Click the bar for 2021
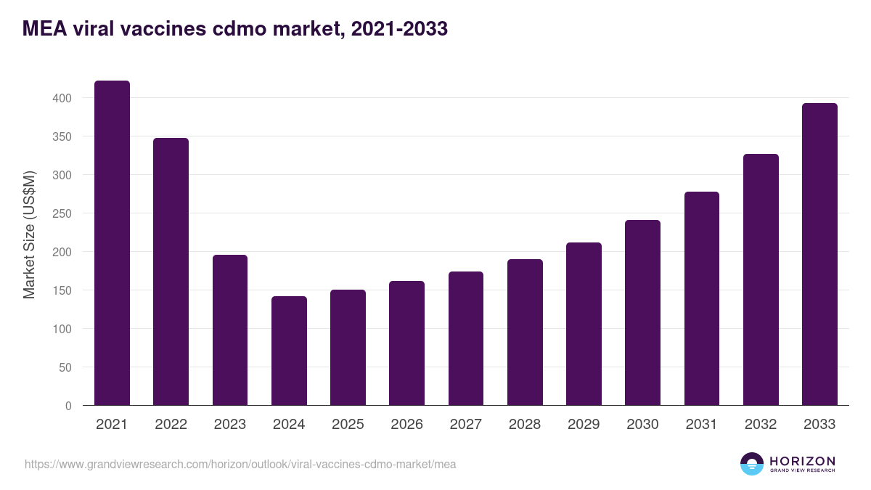click(x=112, y=243)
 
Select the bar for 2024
click(x=289, y=351)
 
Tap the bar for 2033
click(x=819, y=254)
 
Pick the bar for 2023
click(x=230, y=330)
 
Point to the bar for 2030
click(x=642, y=313)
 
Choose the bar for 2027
click(x=466, y=338)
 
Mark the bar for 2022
click(x=171, y=271)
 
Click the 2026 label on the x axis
click(x=406, y=425)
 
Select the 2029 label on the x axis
click(x=584, y=425)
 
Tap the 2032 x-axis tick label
click(x=761, y=425)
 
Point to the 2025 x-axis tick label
click(x=348, y=425)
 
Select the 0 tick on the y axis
click(x=68, y=406)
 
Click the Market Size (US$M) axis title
click(x=29, y=234)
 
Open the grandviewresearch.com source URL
click(x=240, y=464)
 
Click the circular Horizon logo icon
click(x=752, y=464)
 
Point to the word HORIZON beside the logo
click(x=802, y=460)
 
